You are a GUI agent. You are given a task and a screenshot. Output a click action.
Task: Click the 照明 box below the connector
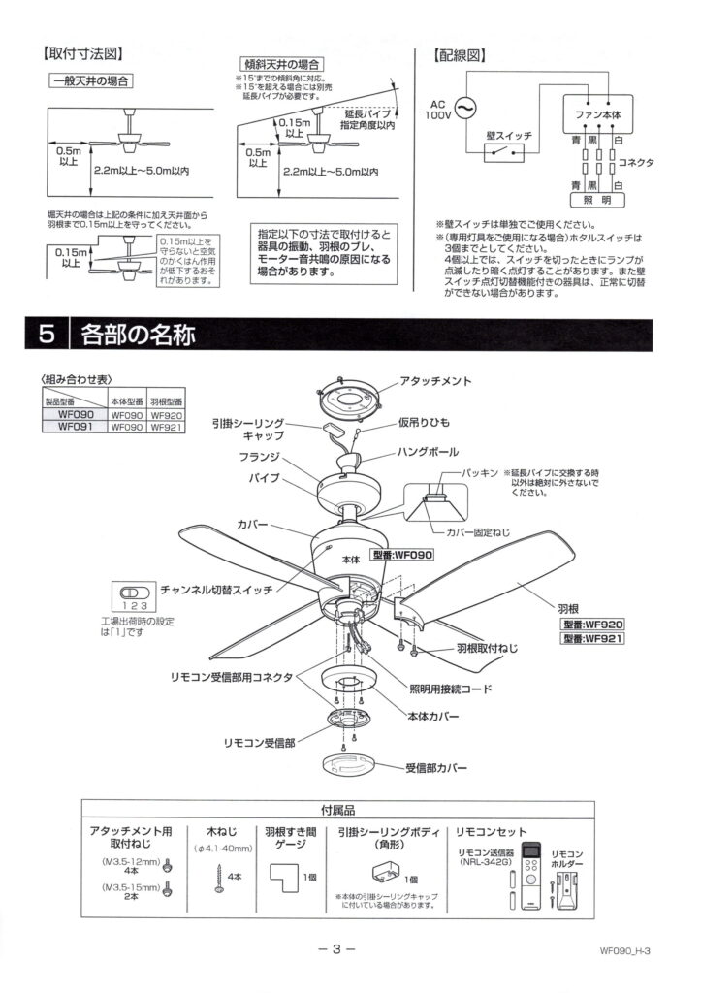[x=597, y=201]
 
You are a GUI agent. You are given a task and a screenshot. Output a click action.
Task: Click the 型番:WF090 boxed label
[x=403, y=556]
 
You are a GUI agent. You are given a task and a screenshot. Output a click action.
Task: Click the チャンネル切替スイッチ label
[x=215, y=589]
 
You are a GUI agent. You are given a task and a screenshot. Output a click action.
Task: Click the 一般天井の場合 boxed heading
[x=91, y=80]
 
